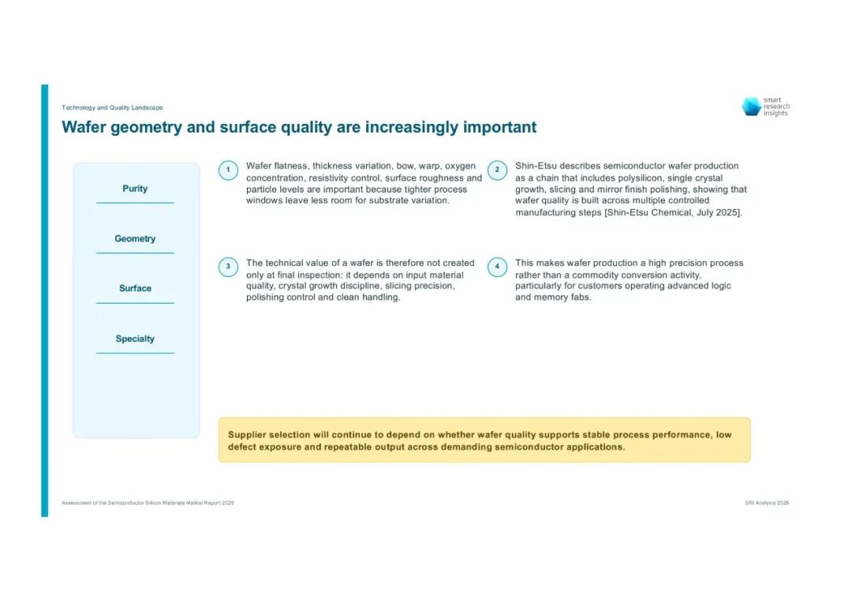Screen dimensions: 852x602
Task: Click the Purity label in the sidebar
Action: pyautogui.click(x=135, y=189)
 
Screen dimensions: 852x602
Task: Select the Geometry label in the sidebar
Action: pyautogui.click(x=135, y=238)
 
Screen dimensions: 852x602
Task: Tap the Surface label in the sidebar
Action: pyautogui.click(x=136, y=289)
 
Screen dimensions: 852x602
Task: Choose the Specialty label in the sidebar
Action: pyautogui.click(x=135, y=338)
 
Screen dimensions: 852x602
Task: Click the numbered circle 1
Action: pyautogui.click(x=228, y=170)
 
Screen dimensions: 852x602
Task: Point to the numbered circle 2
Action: pyautogui.click(x=497, y=170)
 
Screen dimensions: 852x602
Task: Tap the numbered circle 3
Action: pyautogui.click(x=228, y=267)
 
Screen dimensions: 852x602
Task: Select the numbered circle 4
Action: pyautogui.click(x=497, y=267)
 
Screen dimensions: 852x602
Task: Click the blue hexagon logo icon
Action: pyautogui.click(x=752, y=107)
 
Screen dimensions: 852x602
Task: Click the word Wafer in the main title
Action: pyautogui.click(x=84, y=127)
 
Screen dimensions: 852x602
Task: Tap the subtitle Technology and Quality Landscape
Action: pyautogui.click(x=112, y=107)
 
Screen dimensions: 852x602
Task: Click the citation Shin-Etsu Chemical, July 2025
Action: pyautogui.click(x=673, y=212)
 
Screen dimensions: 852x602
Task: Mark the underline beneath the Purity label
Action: pyautogui.click(x=136, y=204)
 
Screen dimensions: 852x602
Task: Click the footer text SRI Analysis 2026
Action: pyautogui.click(x=767, y=503)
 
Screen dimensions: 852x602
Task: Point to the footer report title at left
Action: pyautogui.click(x=148, y=503)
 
